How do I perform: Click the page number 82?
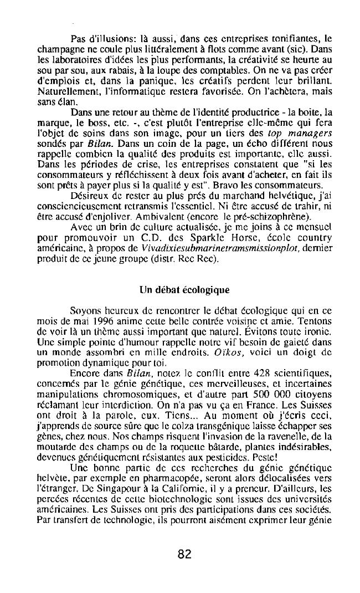click(x=185, y=554)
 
